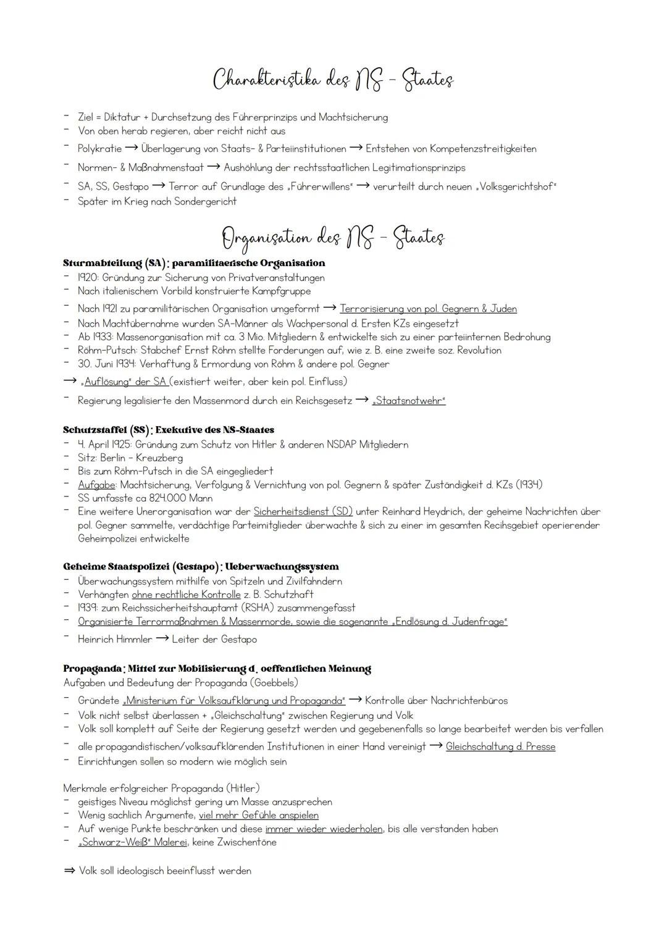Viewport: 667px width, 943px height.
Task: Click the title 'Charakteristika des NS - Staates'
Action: pyautogui.click(x=333, y=80)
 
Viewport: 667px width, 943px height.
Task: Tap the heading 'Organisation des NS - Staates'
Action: pyautogui.click(x=333, y=238)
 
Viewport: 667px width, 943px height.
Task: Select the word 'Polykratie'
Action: pyautogui.click(x=99, y=149)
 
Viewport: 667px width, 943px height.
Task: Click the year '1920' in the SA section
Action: pyautogui.click(x=88, y=278)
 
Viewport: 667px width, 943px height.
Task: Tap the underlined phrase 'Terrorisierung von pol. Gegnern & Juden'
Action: pyautogui.click(x=428, y=309)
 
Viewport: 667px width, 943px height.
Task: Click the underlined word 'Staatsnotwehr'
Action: pyautogui.click(x=408, y=401)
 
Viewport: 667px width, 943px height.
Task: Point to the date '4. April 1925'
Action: pyautogui.click(x=104, y=445)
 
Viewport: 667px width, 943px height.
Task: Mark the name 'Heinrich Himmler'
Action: pyautogui.click(x=115, y=640)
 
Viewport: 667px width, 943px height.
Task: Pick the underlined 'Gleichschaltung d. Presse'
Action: pyautogui.click(x=500, y=747)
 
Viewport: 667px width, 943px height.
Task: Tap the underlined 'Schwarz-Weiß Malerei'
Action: pyautogui.click(x=132, y=842)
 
